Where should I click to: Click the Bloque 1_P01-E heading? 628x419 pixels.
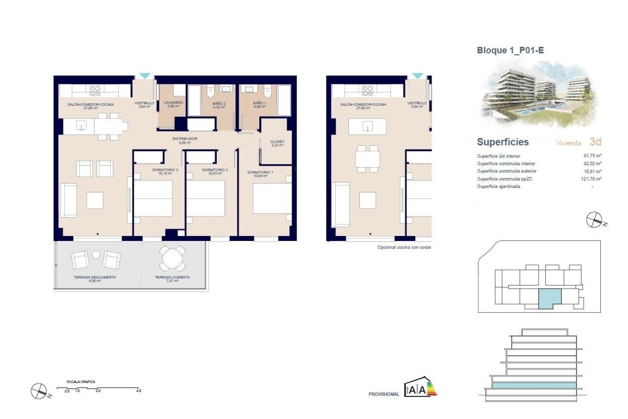pyautogui.click(x=510, y=50)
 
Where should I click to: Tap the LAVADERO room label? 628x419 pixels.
pyautogui.click(x=173, y=103)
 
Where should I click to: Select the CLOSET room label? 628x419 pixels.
pyautogui.click(x=277, y=142)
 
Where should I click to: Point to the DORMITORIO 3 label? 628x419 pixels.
pyautogui.click(x=165, y=170)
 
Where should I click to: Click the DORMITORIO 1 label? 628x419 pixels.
pyautogui.click(x=260, y=173)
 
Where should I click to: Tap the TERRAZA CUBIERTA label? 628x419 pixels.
pyautogui.click(x=172, y=278)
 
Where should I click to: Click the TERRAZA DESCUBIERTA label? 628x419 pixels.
pyautogui.click(x=95, y=278)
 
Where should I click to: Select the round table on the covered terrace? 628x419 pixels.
pyautogui.click(x=172, y=259)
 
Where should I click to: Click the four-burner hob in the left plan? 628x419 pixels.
pyautogui.click(x=95, y=91)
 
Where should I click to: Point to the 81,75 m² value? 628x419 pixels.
pyautogui.click(x=592, y=156)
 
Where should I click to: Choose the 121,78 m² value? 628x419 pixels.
pyautogui.click(x=591, y=179)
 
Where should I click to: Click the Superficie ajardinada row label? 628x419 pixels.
pyautogui.click(x=498, y=187)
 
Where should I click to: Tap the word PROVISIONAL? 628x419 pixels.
pyautogui.click(x=384, y=394)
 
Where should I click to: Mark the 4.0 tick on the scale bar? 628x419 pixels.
pyautogui.click(x=139, y=391)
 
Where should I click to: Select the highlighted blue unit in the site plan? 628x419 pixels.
pyautogui.click(x=549, y=298)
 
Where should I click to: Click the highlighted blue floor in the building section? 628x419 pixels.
pyautogui.click(x=534, y=385)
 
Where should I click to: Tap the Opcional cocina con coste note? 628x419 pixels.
pyautogui.click(x=404, y=247)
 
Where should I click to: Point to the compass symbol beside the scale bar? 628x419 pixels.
pyautogui.click(x=39, y=391)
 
